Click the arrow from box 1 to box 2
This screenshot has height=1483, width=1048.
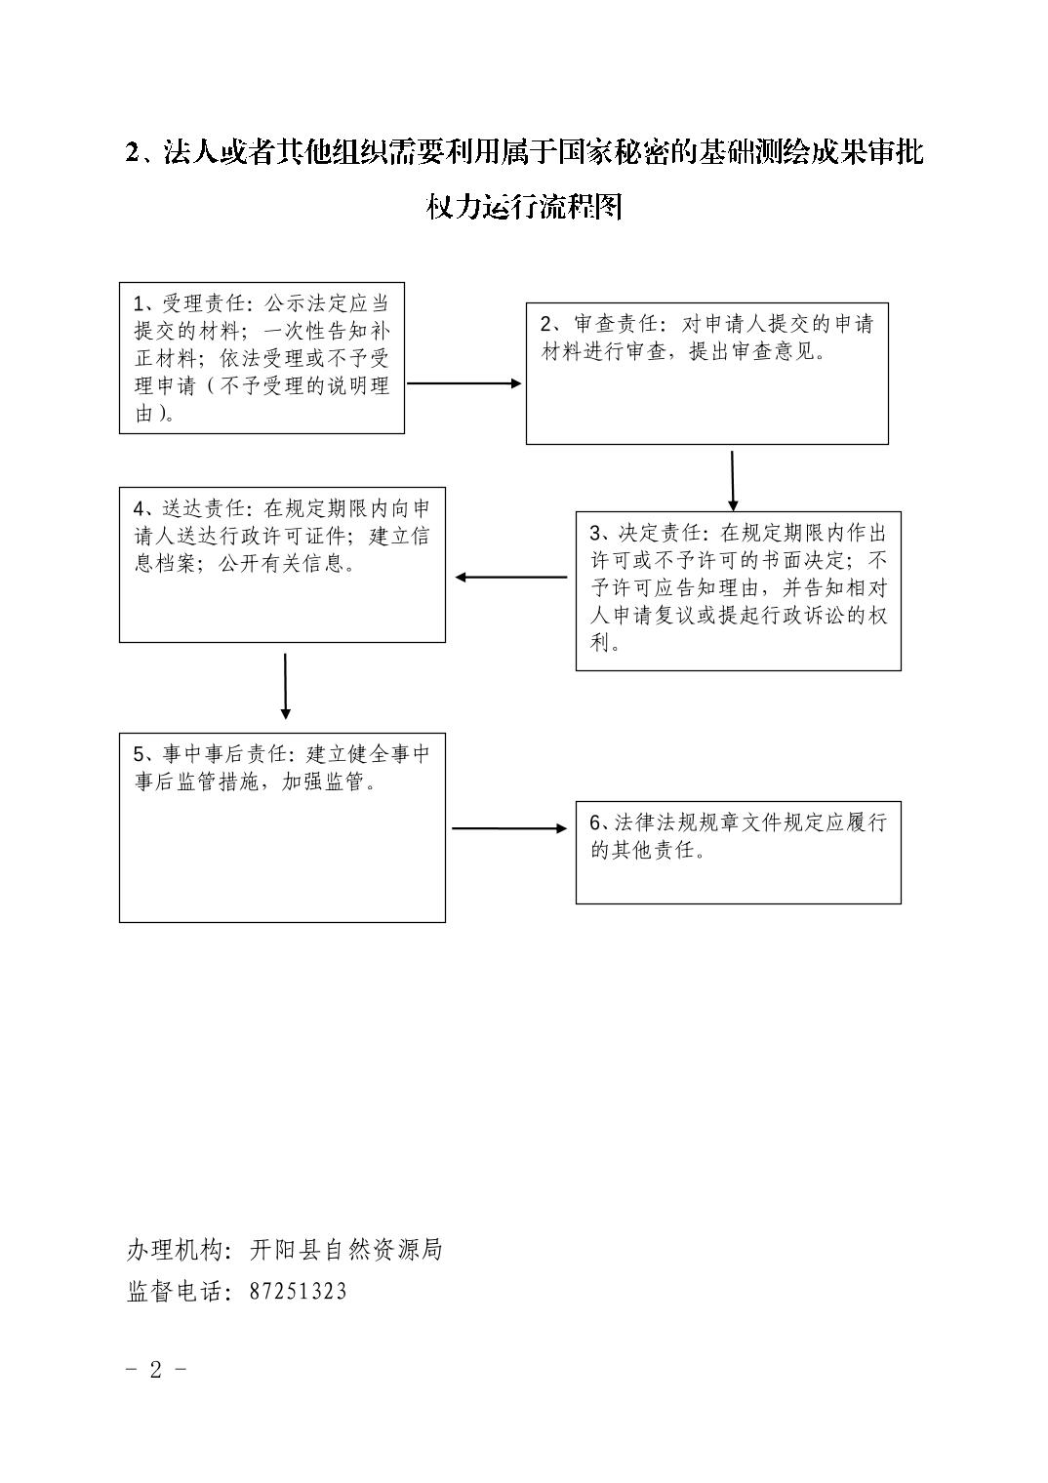[x=464, y=383]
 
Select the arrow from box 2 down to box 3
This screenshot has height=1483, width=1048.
[x=732, y=481]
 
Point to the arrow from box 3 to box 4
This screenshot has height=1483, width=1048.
[x=511, y=578]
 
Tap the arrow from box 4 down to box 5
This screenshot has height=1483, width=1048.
[x=285, y=687]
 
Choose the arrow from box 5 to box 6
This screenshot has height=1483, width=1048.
[x=509, y=828]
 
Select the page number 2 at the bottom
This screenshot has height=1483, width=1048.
[x=155, y=1386]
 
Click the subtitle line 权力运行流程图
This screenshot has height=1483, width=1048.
[x=524, y=207]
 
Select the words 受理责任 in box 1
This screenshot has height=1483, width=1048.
[x=204, y=303]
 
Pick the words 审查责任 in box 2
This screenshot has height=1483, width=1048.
[x=616, y=324]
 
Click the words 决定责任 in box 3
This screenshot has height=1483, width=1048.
[x=660, y=533]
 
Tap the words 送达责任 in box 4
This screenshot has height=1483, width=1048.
[x=204, y=508]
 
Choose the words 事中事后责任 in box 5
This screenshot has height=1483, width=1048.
[x=225, y=754]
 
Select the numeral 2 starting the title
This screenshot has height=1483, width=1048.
[x=133, y=153]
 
